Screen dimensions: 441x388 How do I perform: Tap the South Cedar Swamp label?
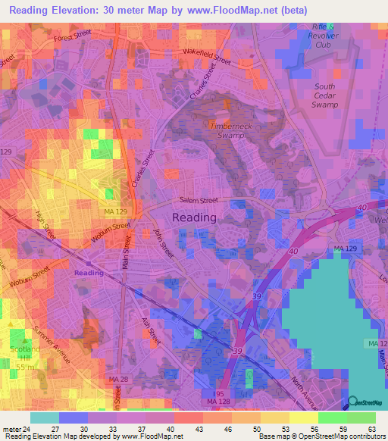[329, 95]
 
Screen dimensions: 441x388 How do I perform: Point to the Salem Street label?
[199, 201]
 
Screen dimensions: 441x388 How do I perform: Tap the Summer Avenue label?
[54, 345]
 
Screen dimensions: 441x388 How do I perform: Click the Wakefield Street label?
[206, 55]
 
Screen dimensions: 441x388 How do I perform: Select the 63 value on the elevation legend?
[372, 428]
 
